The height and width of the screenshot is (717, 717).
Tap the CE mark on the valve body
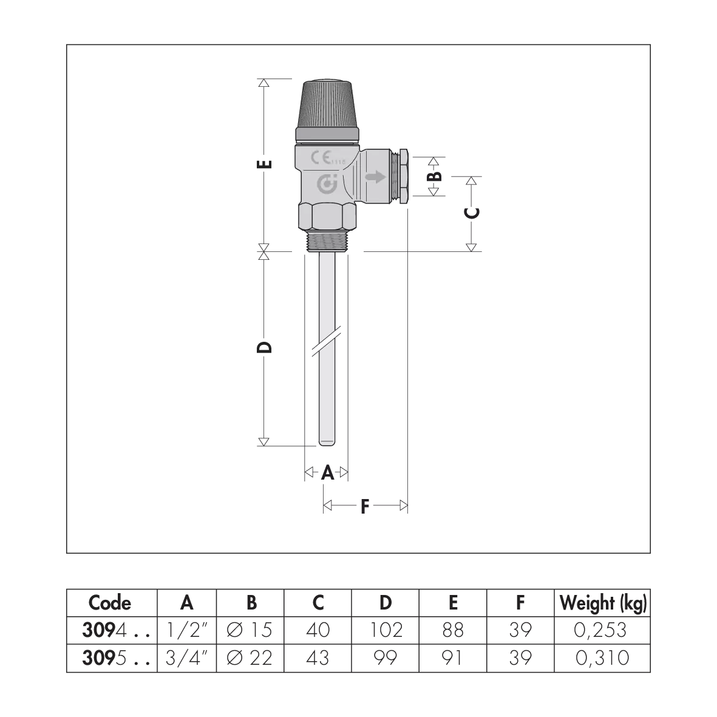[x=321, y=158]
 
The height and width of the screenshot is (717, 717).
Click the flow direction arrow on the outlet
[x=376, y=177]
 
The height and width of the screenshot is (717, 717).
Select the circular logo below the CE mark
[x=327, y=183]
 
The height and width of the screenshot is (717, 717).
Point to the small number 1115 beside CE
[x=338, y=161]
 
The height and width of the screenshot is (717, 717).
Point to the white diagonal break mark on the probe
[x=327, y=342]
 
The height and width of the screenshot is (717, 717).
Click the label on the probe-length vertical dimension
[x=262, y=347]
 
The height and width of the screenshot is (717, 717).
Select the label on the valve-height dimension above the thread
[x=262, y=165]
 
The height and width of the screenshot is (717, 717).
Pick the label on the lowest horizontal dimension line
[x=364, y=504]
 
